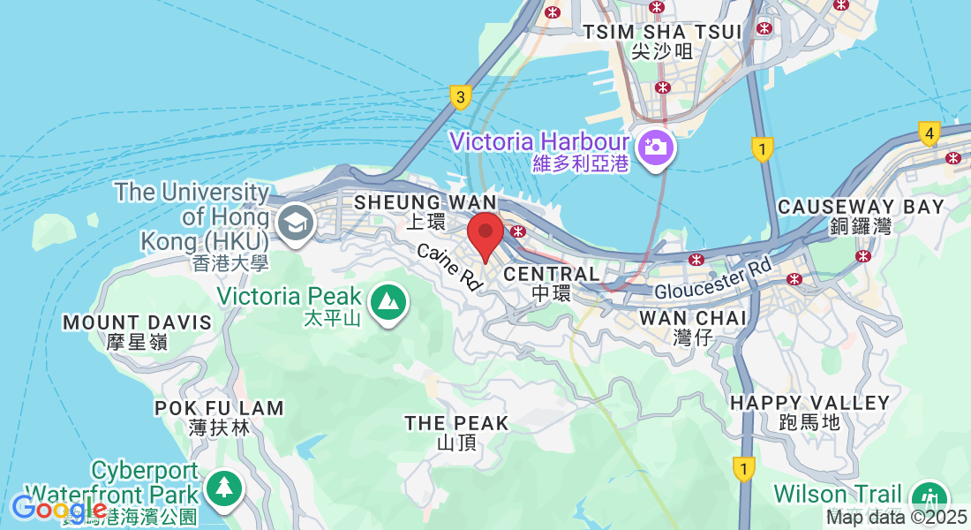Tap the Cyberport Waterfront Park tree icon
coord(224,488)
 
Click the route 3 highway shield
coord(460,97)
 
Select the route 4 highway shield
coord(928,134)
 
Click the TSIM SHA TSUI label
coord(662,32)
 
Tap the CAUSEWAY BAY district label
coord(861,207)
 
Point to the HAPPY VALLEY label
coord(810,403)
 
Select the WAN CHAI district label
coord(693,317)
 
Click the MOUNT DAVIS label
coord(137,322)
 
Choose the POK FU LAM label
coord(219,408)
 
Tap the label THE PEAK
coord(456,424)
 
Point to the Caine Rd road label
coord(450,267)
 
